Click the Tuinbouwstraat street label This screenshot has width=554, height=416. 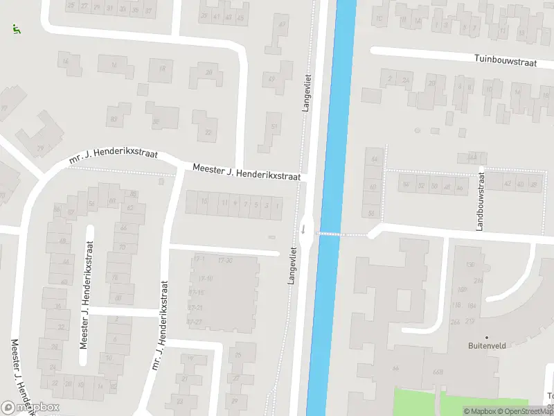point(506,62)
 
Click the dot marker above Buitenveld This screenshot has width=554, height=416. point(486,338)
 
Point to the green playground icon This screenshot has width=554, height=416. point(16,30)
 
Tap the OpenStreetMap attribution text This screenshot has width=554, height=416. point(526,411)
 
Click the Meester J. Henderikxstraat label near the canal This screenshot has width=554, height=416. point(247,173)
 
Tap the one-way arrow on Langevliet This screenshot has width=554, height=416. point(303,228)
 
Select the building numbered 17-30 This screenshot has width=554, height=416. point(224,260)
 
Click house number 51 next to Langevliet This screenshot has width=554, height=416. point(274,126)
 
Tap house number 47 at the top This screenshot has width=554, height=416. point(282,25)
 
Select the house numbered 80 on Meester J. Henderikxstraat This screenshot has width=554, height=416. point(118,298)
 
